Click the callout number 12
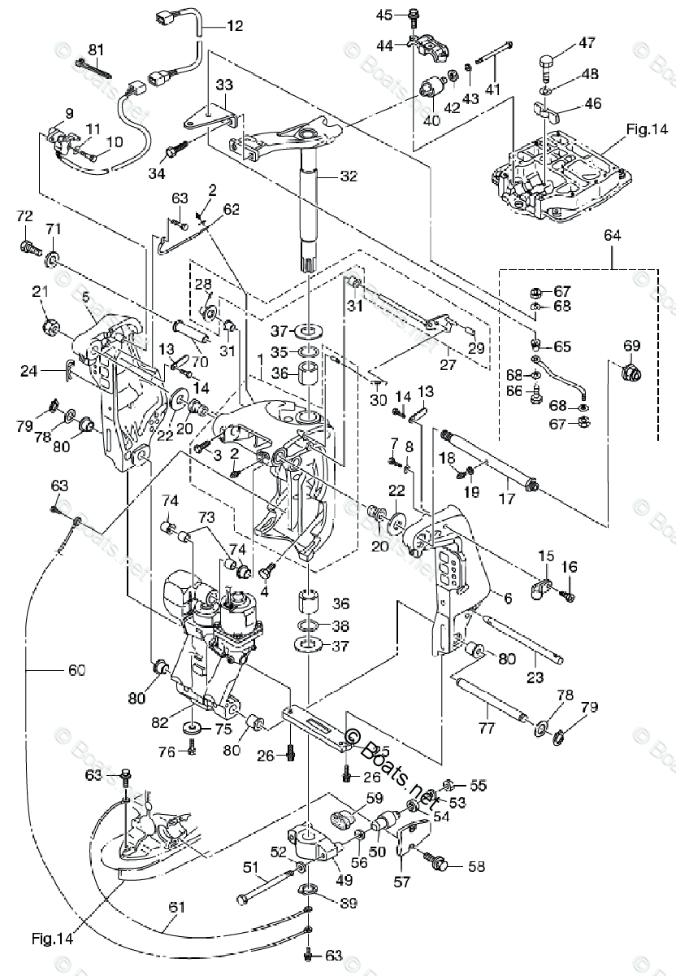[234, 26]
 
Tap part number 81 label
[97, 50]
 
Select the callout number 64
[612, 235]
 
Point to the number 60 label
[75, 671]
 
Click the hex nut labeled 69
[630, 374]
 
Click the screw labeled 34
[176, 150]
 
